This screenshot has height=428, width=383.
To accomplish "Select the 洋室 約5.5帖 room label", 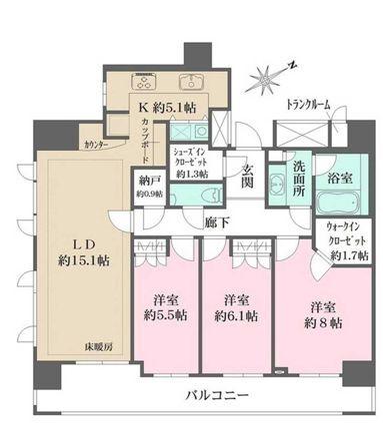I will pyautogui.click(x=164, y=307).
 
